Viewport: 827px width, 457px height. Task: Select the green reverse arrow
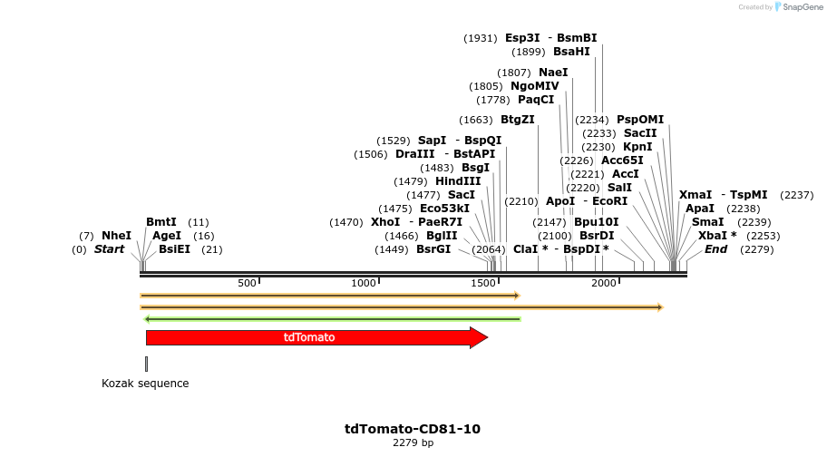[x=332, y=318]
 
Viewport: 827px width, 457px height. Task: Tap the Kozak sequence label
[x=145, y=384]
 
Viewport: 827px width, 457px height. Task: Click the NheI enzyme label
[x=116, y=236]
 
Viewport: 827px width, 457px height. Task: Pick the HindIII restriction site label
[x=458, y=181]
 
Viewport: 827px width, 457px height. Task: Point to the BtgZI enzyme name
[x=517, y=120]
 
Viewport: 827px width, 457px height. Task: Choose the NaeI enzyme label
[x=553, y=73]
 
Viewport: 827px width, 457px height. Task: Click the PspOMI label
[x=640, y=120]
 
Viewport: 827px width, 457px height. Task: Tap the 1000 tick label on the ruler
[x=364, y=284]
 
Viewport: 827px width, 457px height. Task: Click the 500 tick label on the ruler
[x=247, y=284]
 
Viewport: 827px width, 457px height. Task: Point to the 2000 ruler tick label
[x=604, y=284]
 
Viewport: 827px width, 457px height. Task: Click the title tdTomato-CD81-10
[x=413, y=429]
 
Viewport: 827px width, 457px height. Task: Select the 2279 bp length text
[x=413, y=443]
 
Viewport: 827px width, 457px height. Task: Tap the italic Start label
[x=109, y=249]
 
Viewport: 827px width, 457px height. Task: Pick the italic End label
[x=715, y=249]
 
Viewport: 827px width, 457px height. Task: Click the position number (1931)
[x=481, y=38]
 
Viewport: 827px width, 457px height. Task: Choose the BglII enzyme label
[x=442, y=236]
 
